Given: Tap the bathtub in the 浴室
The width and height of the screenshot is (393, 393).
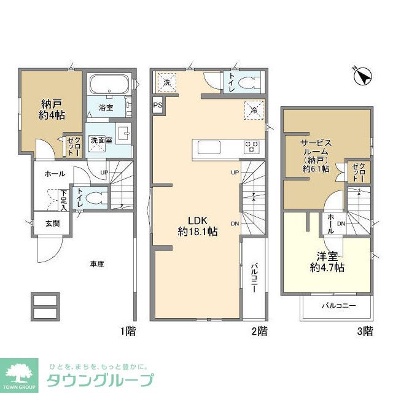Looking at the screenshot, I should click(x=107, y=85).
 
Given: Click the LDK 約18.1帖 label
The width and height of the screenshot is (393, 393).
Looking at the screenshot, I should click(x=197, y=227).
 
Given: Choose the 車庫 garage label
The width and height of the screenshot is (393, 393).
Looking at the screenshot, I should click(x=96, y=264).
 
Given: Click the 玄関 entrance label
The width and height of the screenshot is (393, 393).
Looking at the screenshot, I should click(x=52, y=224).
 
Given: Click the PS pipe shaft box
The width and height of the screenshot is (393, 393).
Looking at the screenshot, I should click(x=157, y=104).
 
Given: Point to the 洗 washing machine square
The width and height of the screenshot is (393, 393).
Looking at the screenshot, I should click(x=166, y=80).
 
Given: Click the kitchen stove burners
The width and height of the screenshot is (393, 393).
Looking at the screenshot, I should click(x=251, y=147).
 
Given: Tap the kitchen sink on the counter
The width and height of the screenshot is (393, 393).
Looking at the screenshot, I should click(x=209, y=147).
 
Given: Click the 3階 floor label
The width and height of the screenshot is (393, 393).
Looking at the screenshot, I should click(x=365, y=332).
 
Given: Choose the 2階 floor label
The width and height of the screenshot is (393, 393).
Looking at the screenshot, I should click(x=259, y=332).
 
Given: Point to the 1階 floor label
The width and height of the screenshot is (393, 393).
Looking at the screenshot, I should click(x=127, y=332).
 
